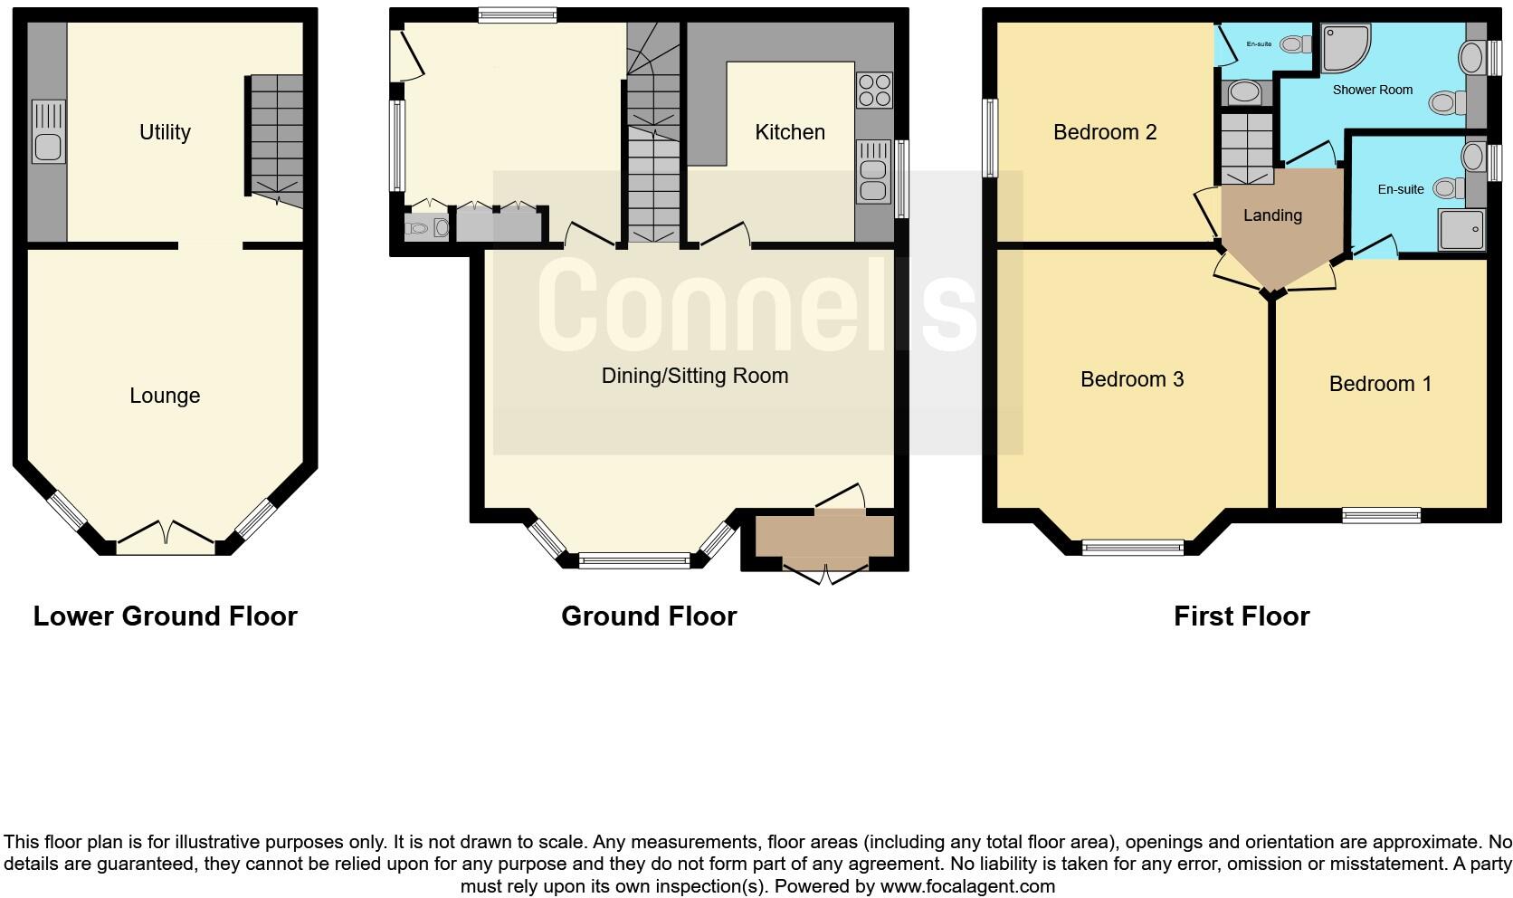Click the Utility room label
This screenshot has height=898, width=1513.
165,132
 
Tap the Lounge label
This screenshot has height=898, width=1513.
165,396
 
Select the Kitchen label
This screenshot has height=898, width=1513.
790,132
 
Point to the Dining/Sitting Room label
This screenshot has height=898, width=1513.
695,376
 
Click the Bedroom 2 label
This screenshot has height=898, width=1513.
1105,132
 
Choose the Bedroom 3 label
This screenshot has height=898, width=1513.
1132,379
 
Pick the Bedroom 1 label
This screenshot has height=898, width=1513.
1380,384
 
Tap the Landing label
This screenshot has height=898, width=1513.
1272,215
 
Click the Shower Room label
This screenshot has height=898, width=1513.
1372,90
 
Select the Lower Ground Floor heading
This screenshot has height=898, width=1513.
165,616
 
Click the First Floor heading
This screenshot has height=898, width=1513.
1241,616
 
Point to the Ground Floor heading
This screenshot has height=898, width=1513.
649,616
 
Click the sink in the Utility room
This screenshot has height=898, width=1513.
48,132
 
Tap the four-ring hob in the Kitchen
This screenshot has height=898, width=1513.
874,91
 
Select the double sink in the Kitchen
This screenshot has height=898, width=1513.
873,171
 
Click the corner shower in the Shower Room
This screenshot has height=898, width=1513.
1346,48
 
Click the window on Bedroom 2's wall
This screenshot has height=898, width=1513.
990,138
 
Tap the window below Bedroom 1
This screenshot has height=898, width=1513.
1381,516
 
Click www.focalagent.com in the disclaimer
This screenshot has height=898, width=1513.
966,886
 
